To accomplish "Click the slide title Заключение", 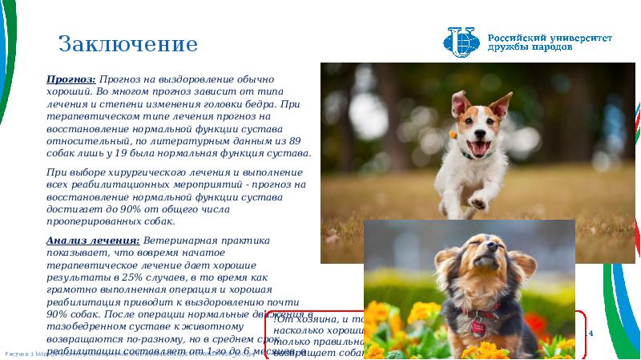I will click(x=128, y=43).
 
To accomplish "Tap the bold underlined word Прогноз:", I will click(x=71, y=80).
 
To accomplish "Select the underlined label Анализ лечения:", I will click(x=93, y=241).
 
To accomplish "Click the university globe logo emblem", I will click(x=462, y=43).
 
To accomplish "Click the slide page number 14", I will click(x=589, y=333).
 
